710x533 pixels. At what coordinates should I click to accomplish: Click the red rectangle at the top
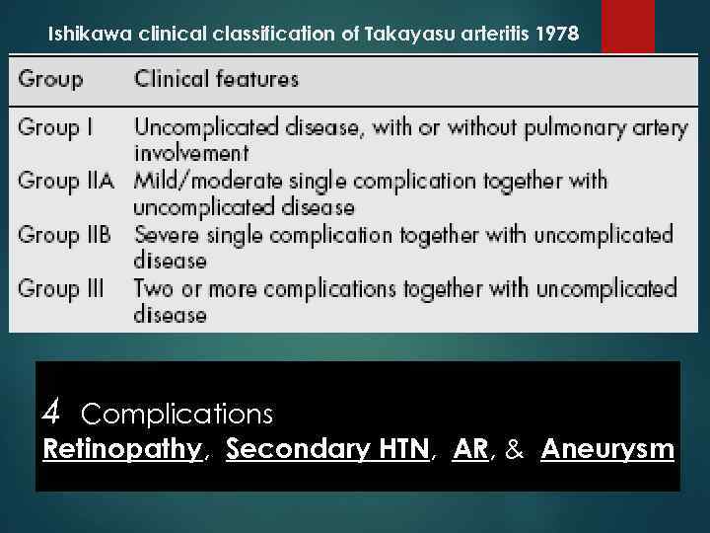point(627,26)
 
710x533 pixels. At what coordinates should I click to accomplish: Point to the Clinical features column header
point(216,79)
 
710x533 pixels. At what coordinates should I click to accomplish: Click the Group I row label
point(57,127)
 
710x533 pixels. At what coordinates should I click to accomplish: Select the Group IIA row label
point(66,182)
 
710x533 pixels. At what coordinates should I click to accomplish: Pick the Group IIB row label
point(66,235)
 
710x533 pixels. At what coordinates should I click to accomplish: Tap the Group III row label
point(61,288)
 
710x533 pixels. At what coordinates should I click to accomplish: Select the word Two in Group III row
point(155,288)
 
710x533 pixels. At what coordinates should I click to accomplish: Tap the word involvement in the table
point(191,153)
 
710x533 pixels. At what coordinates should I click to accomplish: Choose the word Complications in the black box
point(177,412)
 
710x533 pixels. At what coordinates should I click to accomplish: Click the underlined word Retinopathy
point(122,450)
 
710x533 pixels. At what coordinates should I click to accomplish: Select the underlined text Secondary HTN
point(327,450)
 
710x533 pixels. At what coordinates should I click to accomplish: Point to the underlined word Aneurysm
point(607,450)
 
